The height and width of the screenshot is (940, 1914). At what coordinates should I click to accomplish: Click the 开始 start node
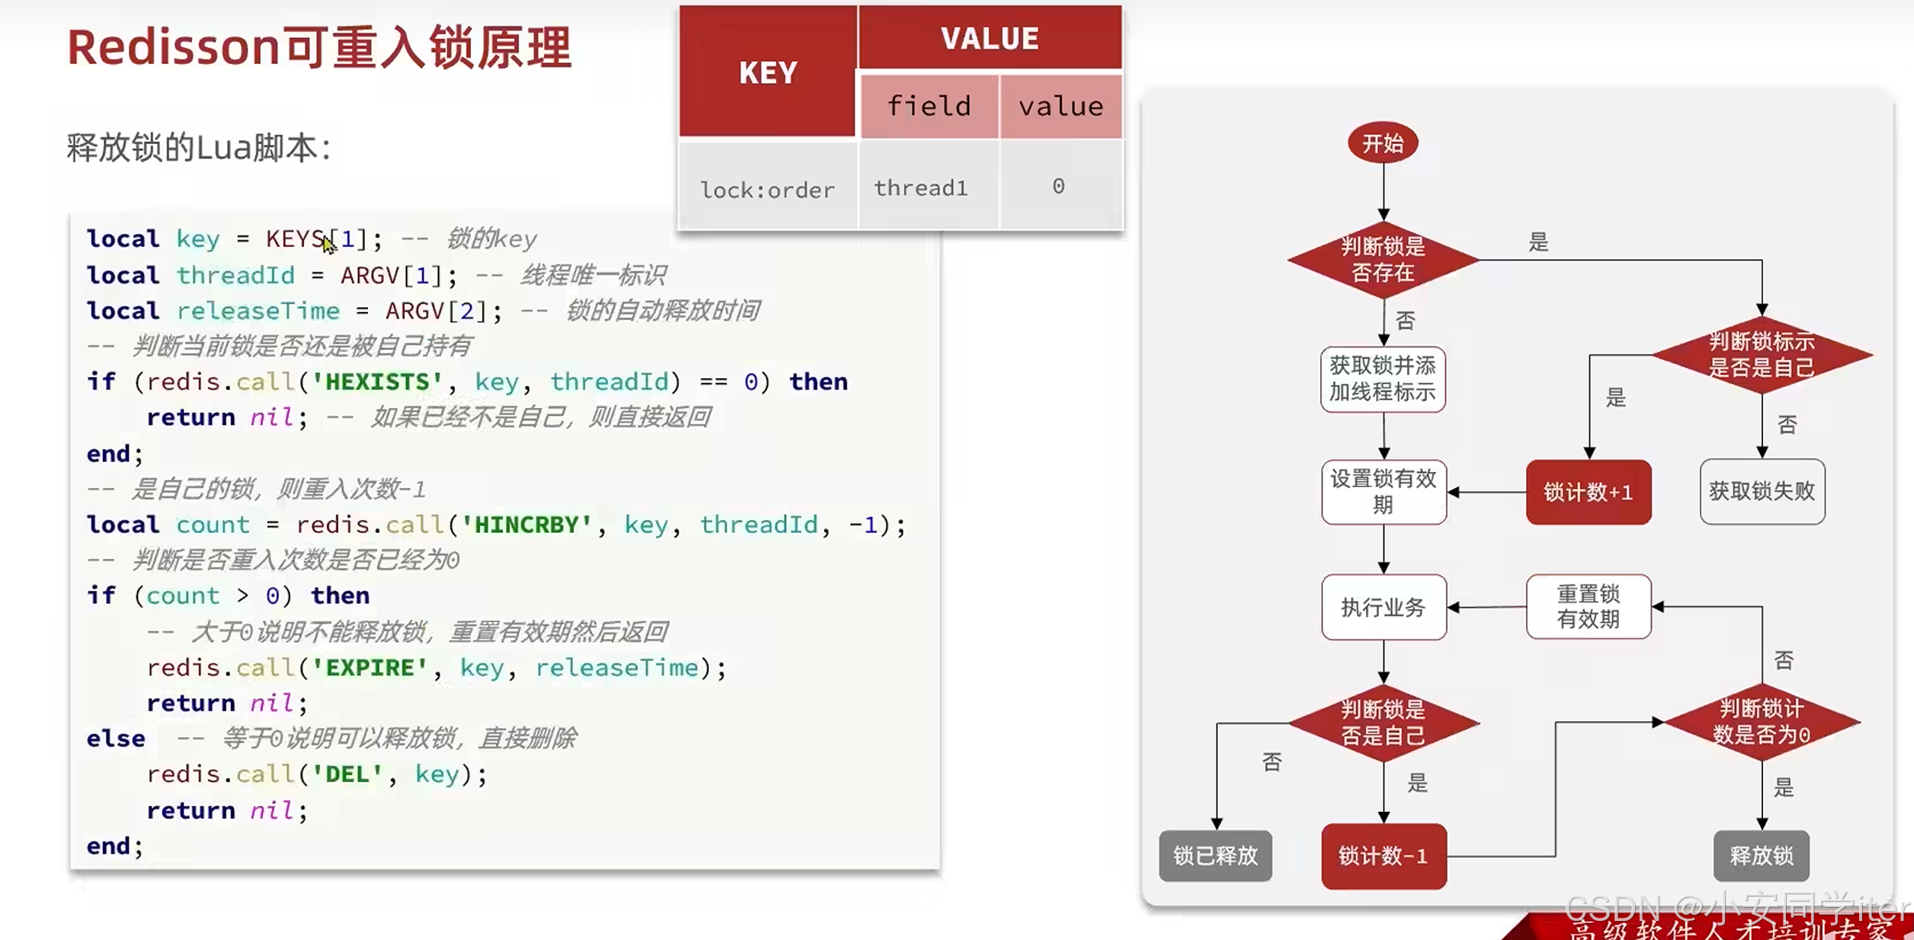click(x=1383, y=143)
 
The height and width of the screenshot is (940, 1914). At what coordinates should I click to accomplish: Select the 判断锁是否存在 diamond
click(x=1383, y=260)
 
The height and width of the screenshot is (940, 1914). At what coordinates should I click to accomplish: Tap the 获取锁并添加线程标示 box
click(x=1383, y=379)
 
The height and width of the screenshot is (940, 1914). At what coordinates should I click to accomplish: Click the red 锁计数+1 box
click(x=1589, y=492)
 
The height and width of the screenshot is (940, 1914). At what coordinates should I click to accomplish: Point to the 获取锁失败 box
click(x=1762, y=492)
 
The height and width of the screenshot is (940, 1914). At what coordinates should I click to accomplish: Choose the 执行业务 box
click(x=1383, y=608)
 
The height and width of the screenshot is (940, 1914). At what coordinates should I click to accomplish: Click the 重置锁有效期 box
click(x=1589, y=607)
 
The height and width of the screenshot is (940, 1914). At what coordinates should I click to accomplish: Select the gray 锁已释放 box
click(x=1215, y=856)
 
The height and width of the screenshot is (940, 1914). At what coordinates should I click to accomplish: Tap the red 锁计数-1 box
click(x=1383, y=856)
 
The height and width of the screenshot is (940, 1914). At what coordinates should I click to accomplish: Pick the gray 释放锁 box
click(x=1761, y=856)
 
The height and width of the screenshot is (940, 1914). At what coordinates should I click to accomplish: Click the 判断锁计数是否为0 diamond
click(x=1761, y=722)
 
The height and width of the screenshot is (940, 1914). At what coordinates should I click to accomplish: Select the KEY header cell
click(x=768, y=72)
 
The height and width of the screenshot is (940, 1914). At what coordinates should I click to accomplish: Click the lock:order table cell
click(x=768, y=189)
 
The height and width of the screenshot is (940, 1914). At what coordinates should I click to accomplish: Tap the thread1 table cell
click(x=921, y=188)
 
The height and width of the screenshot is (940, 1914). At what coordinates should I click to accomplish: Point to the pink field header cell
click(x=929, y=106)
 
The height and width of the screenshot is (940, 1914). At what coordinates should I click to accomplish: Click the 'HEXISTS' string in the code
click(x=377, y=382)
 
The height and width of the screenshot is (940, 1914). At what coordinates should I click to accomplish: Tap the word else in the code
click(x=116, y=739)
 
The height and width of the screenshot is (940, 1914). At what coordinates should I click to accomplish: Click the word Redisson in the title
click(x=174, y=47)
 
